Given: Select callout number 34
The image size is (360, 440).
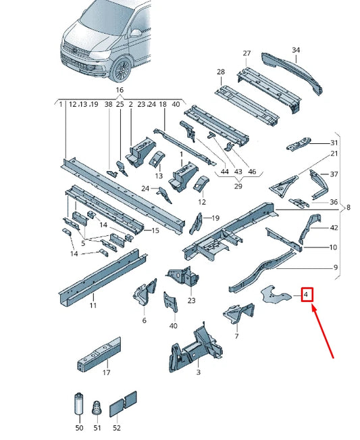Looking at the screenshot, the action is pos(296,50).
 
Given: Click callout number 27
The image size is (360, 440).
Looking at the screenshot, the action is pos(247,53).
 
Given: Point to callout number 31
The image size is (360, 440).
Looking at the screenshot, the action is pos(334,143).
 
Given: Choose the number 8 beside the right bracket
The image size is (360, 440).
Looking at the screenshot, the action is pos(349,207).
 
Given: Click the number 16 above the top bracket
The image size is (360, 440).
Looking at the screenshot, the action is pos(120,90).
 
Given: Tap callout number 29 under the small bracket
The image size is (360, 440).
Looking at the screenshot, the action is pos(238,186).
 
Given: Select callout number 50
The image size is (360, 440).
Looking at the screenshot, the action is pos(79,428).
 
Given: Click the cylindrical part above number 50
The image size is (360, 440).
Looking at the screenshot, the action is pos(79,404).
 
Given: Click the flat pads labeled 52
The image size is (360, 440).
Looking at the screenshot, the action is pos(123,404).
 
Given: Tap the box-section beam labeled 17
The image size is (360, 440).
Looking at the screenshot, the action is pos(99,355).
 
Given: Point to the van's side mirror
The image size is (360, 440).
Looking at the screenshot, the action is pos(135,33).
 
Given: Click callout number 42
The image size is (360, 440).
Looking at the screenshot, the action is pos(334,228).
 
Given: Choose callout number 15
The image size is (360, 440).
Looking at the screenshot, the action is pos(155,230).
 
